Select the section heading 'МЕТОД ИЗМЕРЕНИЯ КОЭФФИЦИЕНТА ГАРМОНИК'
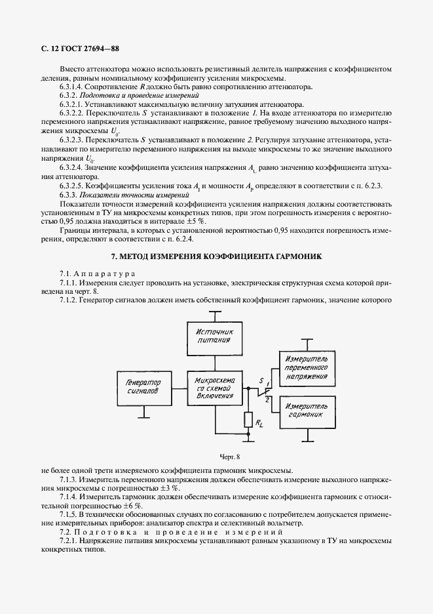216,256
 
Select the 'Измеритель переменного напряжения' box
308,368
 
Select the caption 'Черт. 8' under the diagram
216,457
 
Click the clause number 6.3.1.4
73,87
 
